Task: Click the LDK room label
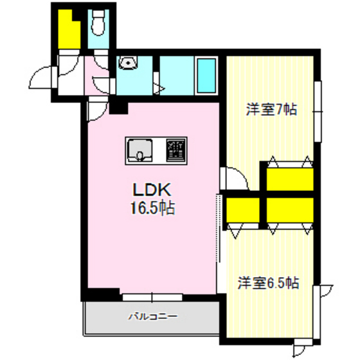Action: (152, 190)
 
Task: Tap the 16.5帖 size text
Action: (152, 208)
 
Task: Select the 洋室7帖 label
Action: (271, 109)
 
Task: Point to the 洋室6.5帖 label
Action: (268, 283)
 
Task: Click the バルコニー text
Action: (153, 316)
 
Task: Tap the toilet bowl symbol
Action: (98, 22)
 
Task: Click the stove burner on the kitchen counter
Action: (176, 150)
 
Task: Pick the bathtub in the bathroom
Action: (206, 76)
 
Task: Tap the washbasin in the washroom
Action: (128, 62)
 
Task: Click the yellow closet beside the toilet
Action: (69, 29)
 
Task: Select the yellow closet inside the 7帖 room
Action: (290, 179)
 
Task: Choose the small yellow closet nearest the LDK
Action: (243, 210)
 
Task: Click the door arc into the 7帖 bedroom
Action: (237, 177)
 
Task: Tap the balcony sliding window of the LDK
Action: (152, 297)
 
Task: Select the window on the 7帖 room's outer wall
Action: (318, 111)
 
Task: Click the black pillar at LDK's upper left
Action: (118, 108)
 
